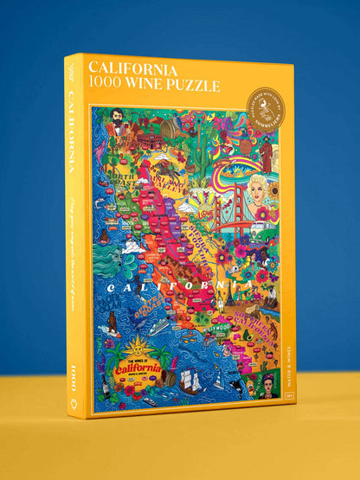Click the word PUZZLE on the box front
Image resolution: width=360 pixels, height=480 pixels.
click(x=199, y=86)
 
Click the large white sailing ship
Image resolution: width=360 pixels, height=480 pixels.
click(x=191, y=380)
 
